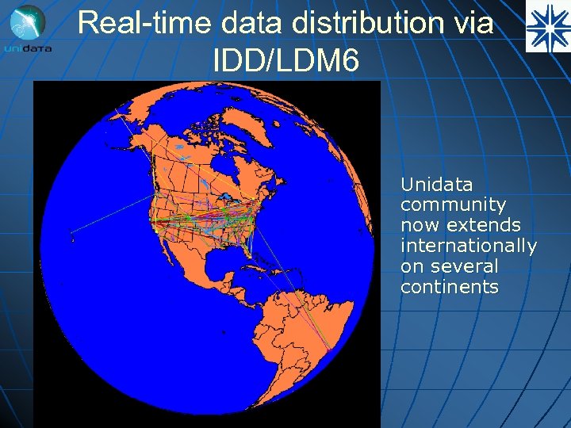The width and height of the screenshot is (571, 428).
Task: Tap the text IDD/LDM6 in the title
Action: click(x=285, y=60)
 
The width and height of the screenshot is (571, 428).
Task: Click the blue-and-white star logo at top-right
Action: click(x=547, y=26)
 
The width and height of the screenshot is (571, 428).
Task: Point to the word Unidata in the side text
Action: click(x=436, y=185)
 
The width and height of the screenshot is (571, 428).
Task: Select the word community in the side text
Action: click(x=453, y=205)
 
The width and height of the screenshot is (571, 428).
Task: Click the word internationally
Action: click(x=468, y=246)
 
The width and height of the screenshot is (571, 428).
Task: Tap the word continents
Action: click(x=449, y=287)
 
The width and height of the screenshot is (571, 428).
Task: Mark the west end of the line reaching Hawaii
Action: click(x=72, y=231)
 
